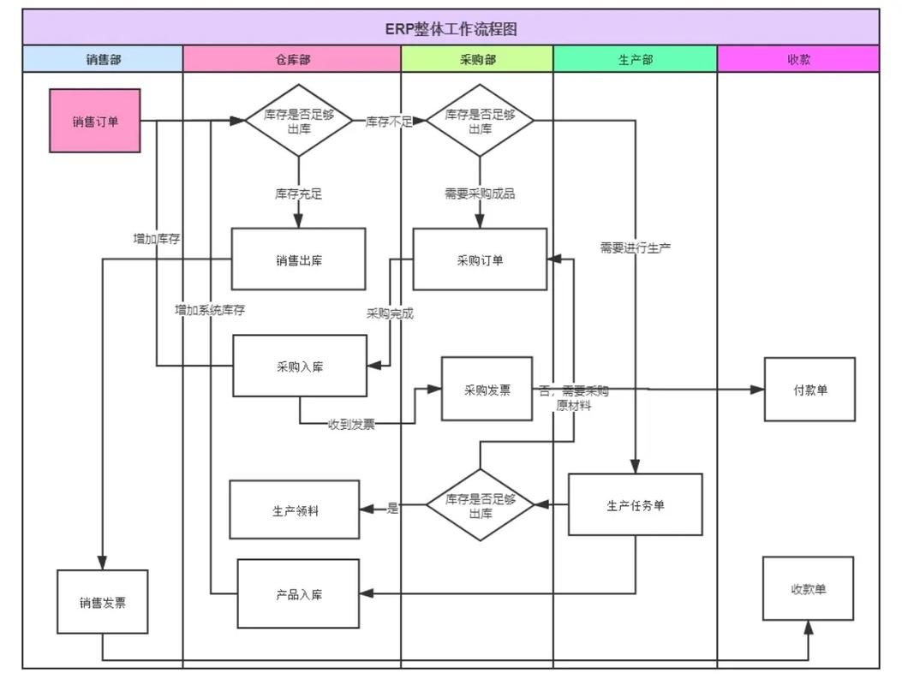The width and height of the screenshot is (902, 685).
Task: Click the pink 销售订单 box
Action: (x=95, y=121)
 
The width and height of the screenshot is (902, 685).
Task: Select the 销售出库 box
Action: (x=299, y=259)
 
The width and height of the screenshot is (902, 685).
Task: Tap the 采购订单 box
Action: (x=480, y=259)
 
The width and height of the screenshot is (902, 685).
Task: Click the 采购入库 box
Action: (x=300, y=366)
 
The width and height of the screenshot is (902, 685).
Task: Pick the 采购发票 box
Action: (x=487, y=389)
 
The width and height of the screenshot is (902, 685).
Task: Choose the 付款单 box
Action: (x=810, y=390)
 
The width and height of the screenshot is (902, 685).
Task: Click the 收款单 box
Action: (x=809, y=588)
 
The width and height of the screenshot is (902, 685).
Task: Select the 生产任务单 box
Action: (x=635, y=504)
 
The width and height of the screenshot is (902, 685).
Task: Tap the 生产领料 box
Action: (x=295, y=509)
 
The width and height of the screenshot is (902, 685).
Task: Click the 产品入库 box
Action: (x=299, y=593)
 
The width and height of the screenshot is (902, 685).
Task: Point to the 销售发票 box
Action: (x=103, y=602)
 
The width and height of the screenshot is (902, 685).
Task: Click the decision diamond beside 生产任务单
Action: (x=481, y=505)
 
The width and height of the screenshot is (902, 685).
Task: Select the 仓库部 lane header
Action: (x=292, y=59)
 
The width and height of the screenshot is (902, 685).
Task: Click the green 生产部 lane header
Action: (x=635, y=59)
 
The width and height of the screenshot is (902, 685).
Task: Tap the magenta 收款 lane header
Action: (x=798, y=59)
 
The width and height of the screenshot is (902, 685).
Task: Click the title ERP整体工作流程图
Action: (x=451, y=28)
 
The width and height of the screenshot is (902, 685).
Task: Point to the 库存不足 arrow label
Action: (x=390, y=122)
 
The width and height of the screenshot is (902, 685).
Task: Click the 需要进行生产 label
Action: (x=635, y=248)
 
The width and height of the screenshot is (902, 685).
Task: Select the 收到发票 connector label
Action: (x=351, y=425)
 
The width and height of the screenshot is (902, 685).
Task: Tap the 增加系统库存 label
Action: (x=210, y=310)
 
